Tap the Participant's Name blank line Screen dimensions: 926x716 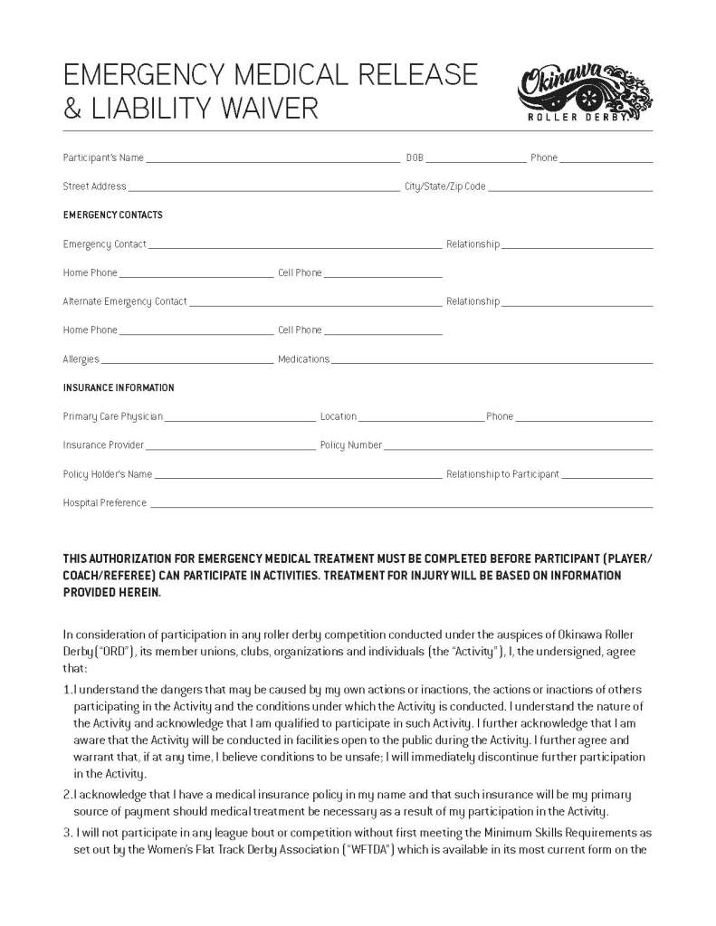coord(272,159)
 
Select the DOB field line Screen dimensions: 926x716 coord(475,159)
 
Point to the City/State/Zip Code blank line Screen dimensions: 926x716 coord(570,189)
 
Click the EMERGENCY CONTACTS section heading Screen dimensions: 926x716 coord(112,215)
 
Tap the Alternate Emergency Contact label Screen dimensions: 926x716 coord(125,301)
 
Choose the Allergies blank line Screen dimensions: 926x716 coord(186,361)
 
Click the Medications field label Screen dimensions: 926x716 coord(303,359)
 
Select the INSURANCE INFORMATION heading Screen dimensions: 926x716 coord(119,387)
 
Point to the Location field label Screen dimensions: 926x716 coord(338,416)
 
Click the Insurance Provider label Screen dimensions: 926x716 coord(103,445)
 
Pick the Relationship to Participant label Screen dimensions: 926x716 coord(502,474)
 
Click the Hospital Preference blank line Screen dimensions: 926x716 coord(400,505)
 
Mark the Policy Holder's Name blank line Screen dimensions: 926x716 coord(298,476)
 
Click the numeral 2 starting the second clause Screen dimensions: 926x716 coord(66,794)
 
